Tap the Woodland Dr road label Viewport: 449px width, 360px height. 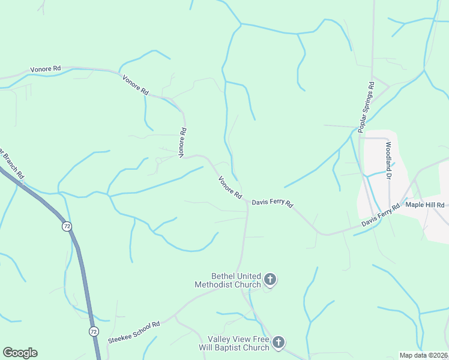point(388,161)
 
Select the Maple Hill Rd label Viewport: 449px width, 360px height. point(425,205)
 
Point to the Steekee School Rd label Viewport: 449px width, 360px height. point(134,332)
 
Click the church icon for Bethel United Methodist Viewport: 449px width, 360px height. point(270,278)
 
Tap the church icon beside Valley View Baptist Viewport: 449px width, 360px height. point(278,343)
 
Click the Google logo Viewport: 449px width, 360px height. point(20,353)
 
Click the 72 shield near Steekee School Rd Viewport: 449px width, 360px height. point(93,331)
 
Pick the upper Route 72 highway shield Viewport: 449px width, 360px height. point(66,226)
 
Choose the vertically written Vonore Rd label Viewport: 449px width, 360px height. point(182,142)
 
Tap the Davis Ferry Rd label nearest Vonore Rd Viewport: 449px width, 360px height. point(272,203)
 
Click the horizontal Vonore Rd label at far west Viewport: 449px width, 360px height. point(46,69)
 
